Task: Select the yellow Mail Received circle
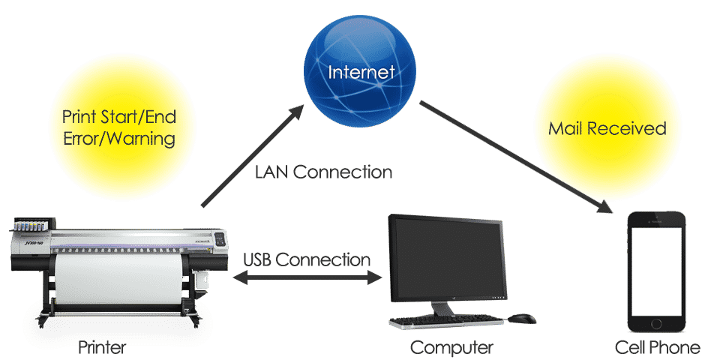point(607,128)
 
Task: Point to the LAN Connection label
point(323,172)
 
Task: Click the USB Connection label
point(307,259)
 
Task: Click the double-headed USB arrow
point(307,277)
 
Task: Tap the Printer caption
point(103,347)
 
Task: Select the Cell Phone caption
point(657,347)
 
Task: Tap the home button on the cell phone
point(657,324)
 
